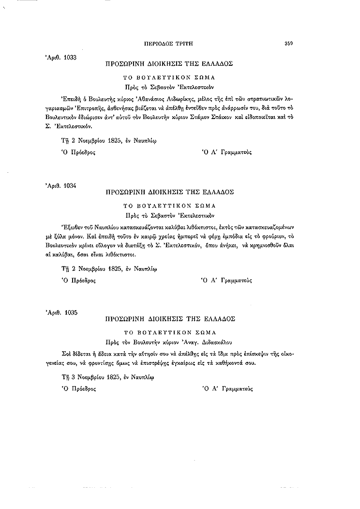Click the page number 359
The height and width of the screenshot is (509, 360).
(289, 43)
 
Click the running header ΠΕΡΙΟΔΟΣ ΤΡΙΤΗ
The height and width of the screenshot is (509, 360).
(169, 43)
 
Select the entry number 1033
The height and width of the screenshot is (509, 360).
(70, 57)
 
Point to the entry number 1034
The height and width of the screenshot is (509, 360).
(71, 185)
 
